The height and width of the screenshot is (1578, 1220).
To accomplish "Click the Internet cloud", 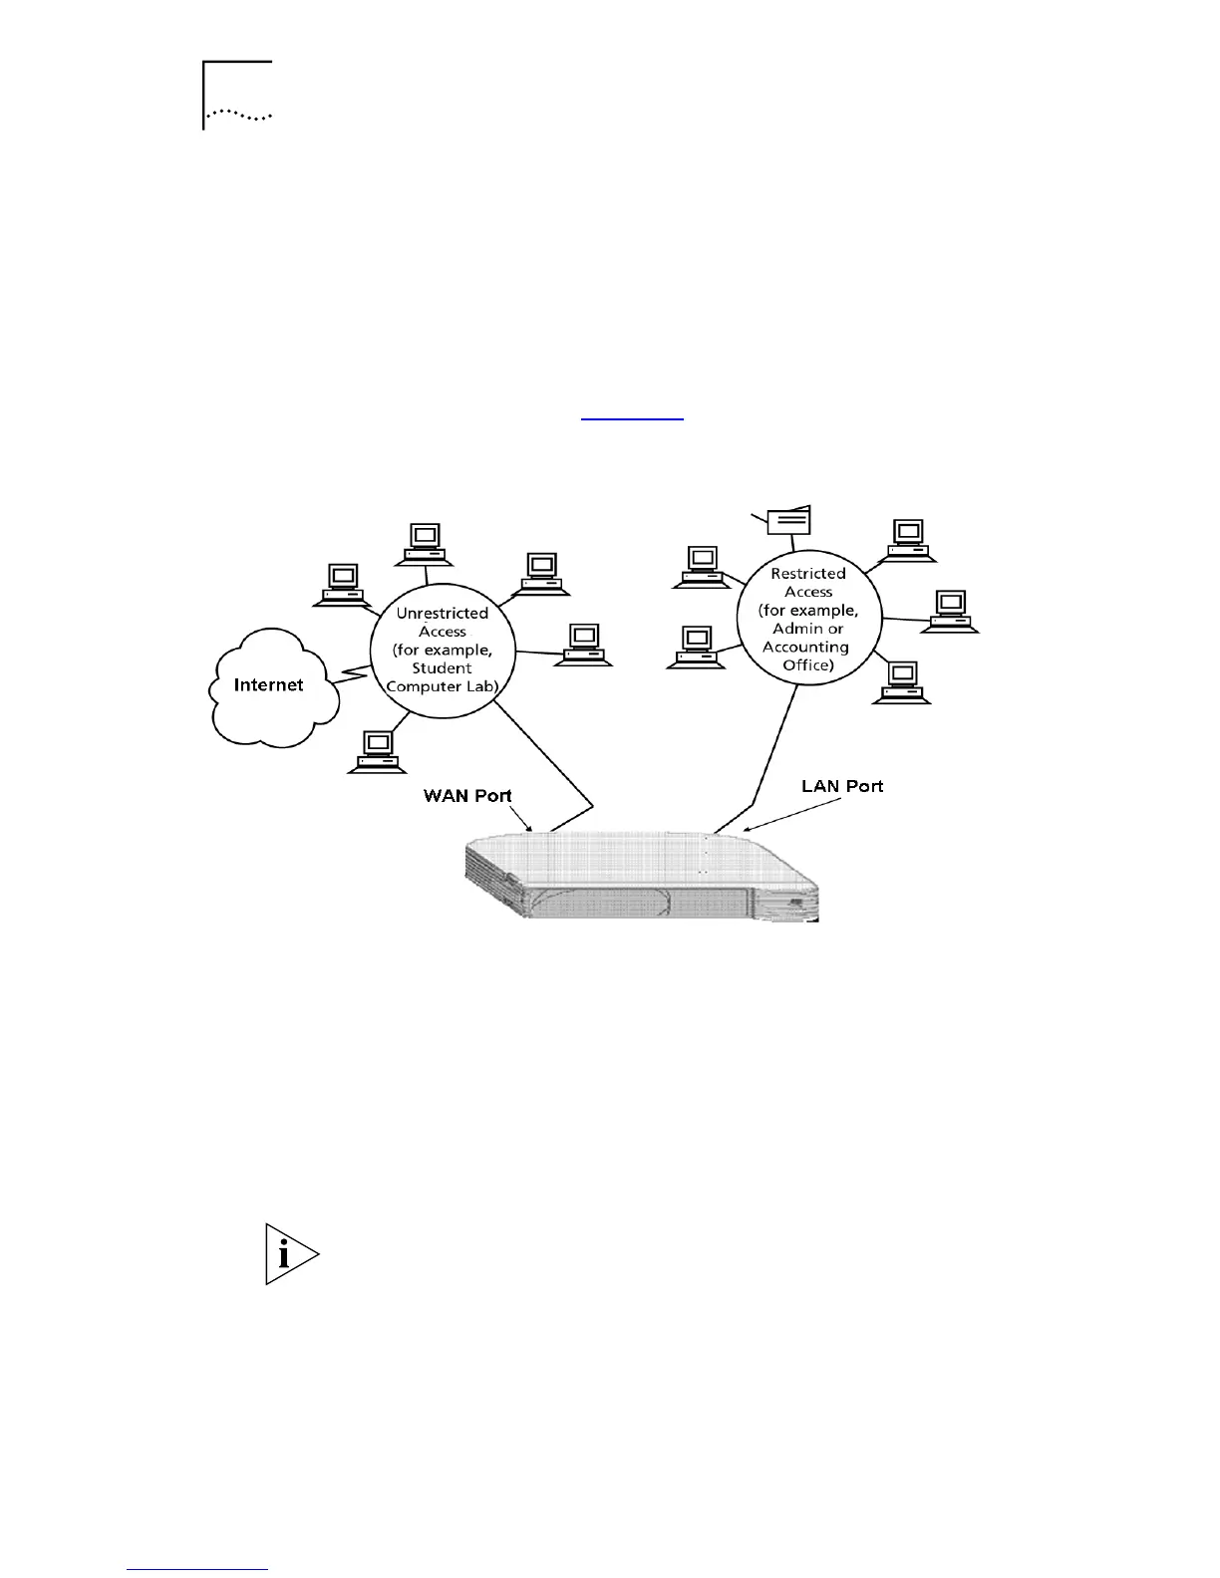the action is pyautogui.click(x=269, y=687).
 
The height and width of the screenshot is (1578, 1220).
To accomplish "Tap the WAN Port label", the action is pyautogui.click(x=467, y=795).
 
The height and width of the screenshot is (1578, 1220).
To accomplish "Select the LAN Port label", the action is pyautogui.click(x=842, y=786).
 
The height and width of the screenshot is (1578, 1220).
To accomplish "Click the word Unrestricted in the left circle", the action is pyautogui.click(x=443, y=613).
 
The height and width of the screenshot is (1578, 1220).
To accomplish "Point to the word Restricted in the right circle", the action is pyautogui.click(x=808, y=573).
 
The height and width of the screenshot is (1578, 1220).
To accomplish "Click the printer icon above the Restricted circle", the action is pyautogui.click(x=787, y=519).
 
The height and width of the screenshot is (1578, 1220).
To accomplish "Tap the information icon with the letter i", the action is pyautogui.click(x=290, y=1254).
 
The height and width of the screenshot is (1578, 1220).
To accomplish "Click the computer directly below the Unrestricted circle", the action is pyautogui.click(x=377, y=751).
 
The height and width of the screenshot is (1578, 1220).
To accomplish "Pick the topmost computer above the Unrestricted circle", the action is pyautogui.click(x=424, y=544).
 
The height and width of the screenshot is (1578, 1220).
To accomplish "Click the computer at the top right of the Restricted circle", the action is pyautogui.click(x=907, y=537).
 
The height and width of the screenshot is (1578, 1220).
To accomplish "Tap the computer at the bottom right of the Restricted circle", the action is pyautogui.click(x=902, y=682).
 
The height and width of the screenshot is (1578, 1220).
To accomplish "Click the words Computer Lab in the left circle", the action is pyautogui.click(x=442, y=686).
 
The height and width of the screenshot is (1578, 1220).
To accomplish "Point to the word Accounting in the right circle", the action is pyautogui.click(x=805, y=647).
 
